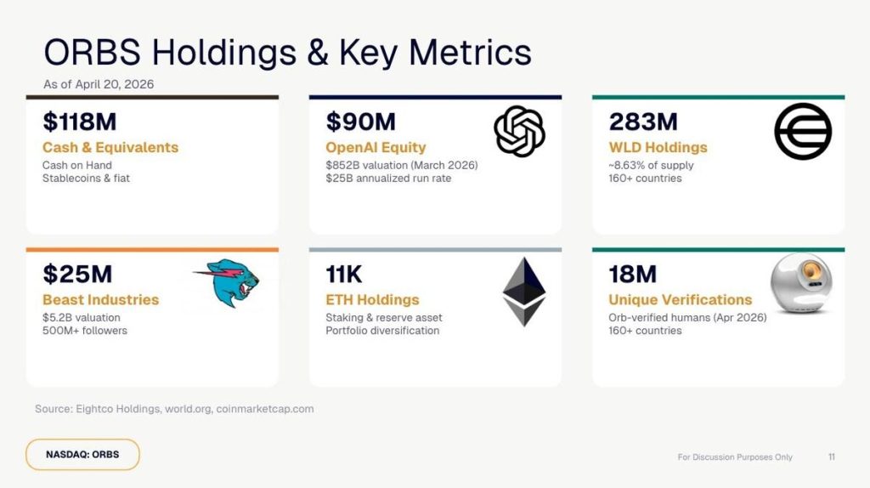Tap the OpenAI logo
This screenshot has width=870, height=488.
(518, 132)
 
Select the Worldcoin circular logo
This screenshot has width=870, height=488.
(802, 132)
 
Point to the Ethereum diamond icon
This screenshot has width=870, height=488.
(523, 292)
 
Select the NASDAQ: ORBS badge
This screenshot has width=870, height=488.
(82, 454)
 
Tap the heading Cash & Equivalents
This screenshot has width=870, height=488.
(110, 147)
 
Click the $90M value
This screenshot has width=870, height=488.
(360, 123)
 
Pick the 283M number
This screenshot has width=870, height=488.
(644, 123)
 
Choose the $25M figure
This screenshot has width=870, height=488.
(77, 275)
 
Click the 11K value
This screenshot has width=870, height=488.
(344, 275)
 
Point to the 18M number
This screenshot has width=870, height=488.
(633, 275)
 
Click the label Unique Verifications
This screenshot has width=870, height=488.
(680, 299)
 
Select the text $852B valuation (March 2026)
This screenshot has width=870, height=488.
(401, 165)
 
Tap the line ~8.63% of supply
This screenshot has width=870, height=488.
(651, 165)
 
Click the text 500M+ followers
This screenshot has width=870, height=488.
(84, 330)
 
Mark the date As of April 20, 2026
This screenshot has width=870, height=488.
(99, 84)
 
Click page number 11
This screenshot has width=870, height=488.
(831, 457)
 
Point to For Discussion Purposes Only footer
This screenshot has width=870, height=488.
(735, 457)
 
